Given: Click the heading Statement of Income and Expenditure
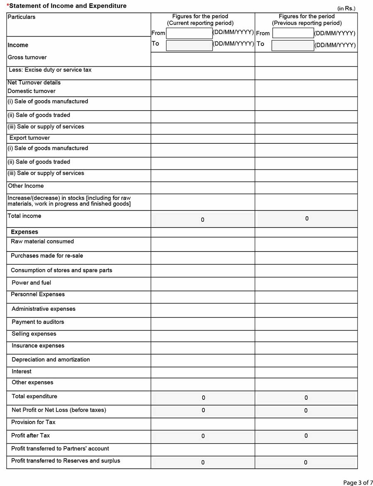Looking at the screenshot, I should [x=68, y=6].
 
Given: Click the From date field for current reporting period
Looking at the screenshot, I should [x=189, y=33].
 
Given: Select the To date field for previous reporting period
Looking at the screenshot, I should [x=293, y=45].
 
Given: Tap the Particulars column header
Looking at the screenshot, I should [x=22, y=17].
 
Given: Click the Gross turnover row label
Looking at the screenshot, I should [x=27, y=58].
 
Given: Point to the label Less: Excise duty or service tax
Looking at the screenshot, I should [x=50, y=70].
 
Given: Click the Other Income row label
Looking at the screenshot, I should [x=26, y=186].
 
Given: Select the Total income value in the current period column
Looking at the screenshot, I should [x=203, y=220].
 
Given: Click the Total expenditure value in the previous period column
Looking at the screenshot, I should [x=306, y=398].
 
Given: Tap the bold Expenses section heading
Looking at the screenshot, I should [x=24, y=232].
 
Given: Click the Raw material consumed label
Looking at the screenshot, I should [x=42, y=242].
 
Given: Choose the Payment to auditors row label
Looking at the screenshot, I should [x=38, y=322].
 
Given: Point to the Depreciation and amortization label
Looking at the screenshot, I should [x=51, y=360].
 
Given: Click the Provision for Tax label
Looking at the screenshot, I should [x=33, y=422].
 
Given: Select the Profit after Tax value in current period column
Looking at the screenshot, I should [x=203, y=436].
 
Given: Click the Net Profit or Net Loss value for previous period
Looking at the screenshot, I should [x=306, y=411].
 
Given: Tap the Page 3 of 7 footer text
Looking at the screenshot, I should [x=358, y=482].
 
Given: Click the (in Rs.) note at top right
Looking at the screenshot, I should [x=346, y=8].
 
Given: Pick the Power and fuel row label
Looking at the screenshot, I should [x=31, y=283].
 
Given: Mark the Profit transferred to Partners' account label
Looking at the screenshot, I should [x=60, y=449].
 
